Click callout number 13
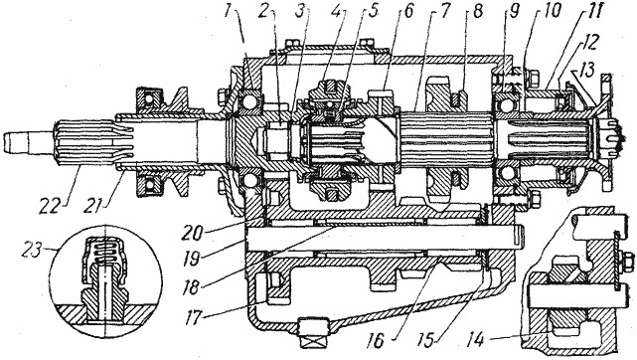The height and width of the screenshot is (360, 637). [x=586, y=69]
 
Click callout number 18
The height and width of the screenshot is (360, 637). [x=191, y=287]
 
